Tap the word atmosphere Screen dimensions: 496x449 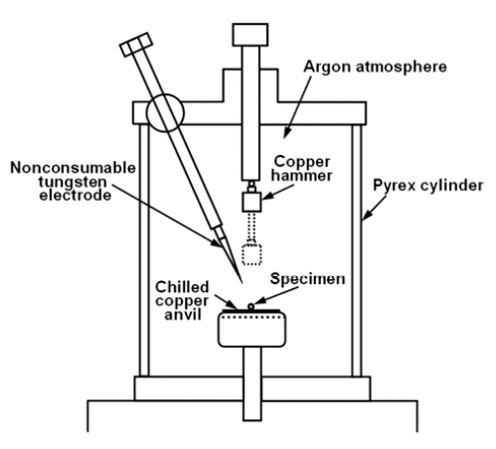(x=402, y=67)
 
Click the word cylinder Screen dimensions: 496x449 (x=451, y=186)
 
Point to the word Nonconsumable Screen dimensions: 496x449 (x=73, y=168)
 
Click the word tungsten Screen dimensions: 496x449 (x=73, y=182)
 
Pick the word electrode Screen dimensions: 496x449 (x=76, y=195)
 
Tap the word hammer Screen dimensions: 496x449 (x=301, y=176)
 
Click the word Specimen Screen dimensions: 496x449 (x=307, y=279)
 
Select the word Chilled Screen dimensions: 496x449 (x=182, y=287)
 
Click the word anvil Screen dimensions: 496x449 (x=183, y=314)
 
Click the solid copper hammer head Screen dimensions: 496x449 (x=251, y=202)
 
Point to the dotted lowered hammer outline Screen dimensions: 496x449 (x=251, y=254)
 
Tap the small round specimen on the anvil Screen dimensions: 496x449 (x=251, y=307)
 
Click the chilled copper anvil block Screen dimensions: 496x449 (x=251, y=329)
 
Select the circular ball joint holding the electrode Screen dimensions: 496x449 (x=165, y=113)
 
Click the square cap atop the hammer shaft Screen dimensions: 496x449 (x=250, y=35)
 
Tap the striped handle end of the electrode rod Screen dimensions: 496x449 (x=136, y=45)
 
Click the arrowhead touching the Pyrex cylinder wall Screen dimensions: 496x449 (x=367, y=215)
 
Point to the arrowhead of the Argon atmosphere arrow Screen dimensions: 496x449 (x=287, y=133)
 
